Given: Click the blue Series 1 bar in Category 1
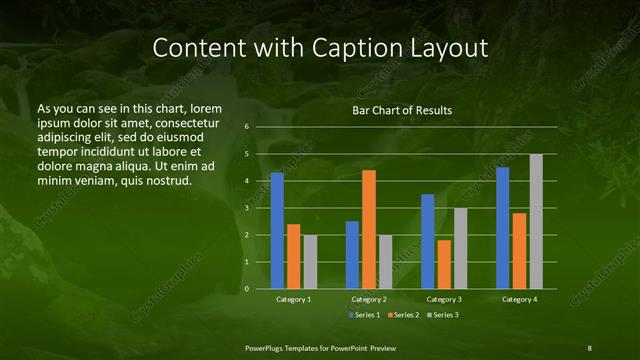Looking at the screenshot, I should point(277,231).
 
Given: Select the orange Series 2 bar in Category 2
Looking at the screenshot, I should point(369,230).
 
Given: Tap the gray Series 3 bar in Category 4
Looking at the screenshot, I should point(536,222).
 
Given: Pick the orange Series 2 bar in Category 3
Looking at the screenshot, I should point(444,265).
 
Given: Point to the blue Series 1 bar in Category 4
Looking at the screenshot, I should point(503,228).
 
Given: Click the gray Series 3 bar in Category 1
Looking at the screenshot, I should point(310,262).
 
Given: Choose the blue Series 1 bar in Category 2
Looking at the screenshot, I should point(352,255).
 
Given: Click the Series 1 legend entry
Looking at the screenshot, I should point(365,316).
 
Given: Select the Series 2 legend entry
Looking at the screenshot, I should point(405,316).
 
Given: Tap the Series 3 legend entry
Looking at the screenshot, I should point(445,316).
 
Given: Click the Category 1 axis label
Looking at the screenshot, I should point(293,300).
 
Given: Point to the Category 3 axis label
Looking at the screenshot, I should point(444,300).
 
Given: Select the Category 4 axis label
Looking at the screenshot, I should point(519,300).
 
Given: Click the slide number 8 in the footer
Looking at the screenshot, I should point(589,347).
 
